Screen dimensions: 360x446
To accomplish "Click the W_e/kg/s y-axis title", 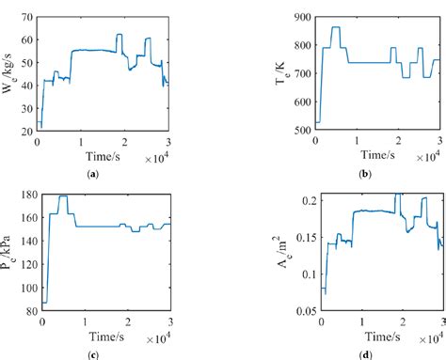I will [8, 73].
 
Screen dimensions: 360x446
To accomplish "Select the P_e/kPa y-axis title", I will [8, 252].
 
